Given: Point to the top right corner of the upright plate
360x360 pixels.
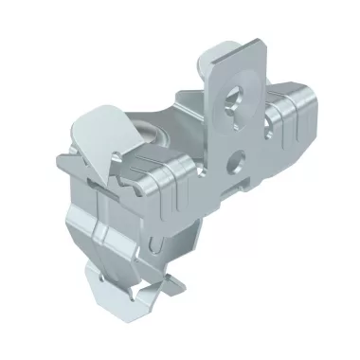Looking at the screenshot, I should (x=257, y=59).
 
